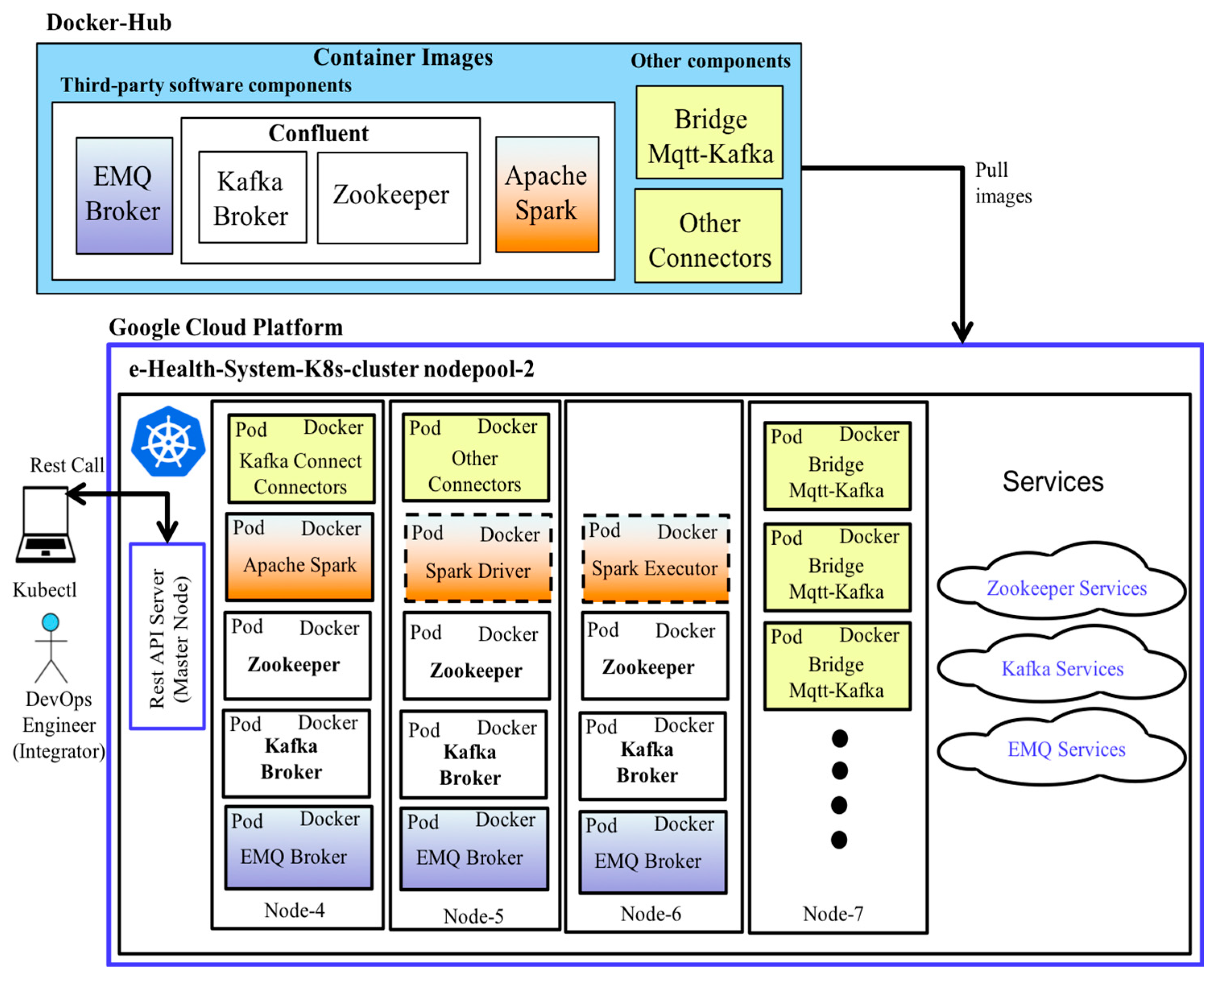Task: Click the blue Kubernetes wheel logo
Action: coord(168,442)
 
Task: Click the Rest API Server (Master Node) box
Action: coord(168,637)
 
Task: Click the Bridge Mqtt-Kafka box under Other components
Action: coord(710,132)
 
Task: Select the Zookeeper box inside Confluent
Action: coord(392,197)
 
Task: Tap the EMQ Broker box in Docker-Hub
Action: coord(124,196)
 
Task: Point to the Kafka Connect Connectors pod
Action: coord(301,459)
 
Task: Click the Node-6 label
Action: coord(651,914)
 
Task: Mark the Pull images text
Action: coord(1003,183)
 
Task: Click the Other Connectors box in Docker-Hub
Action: coord(709,236)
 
